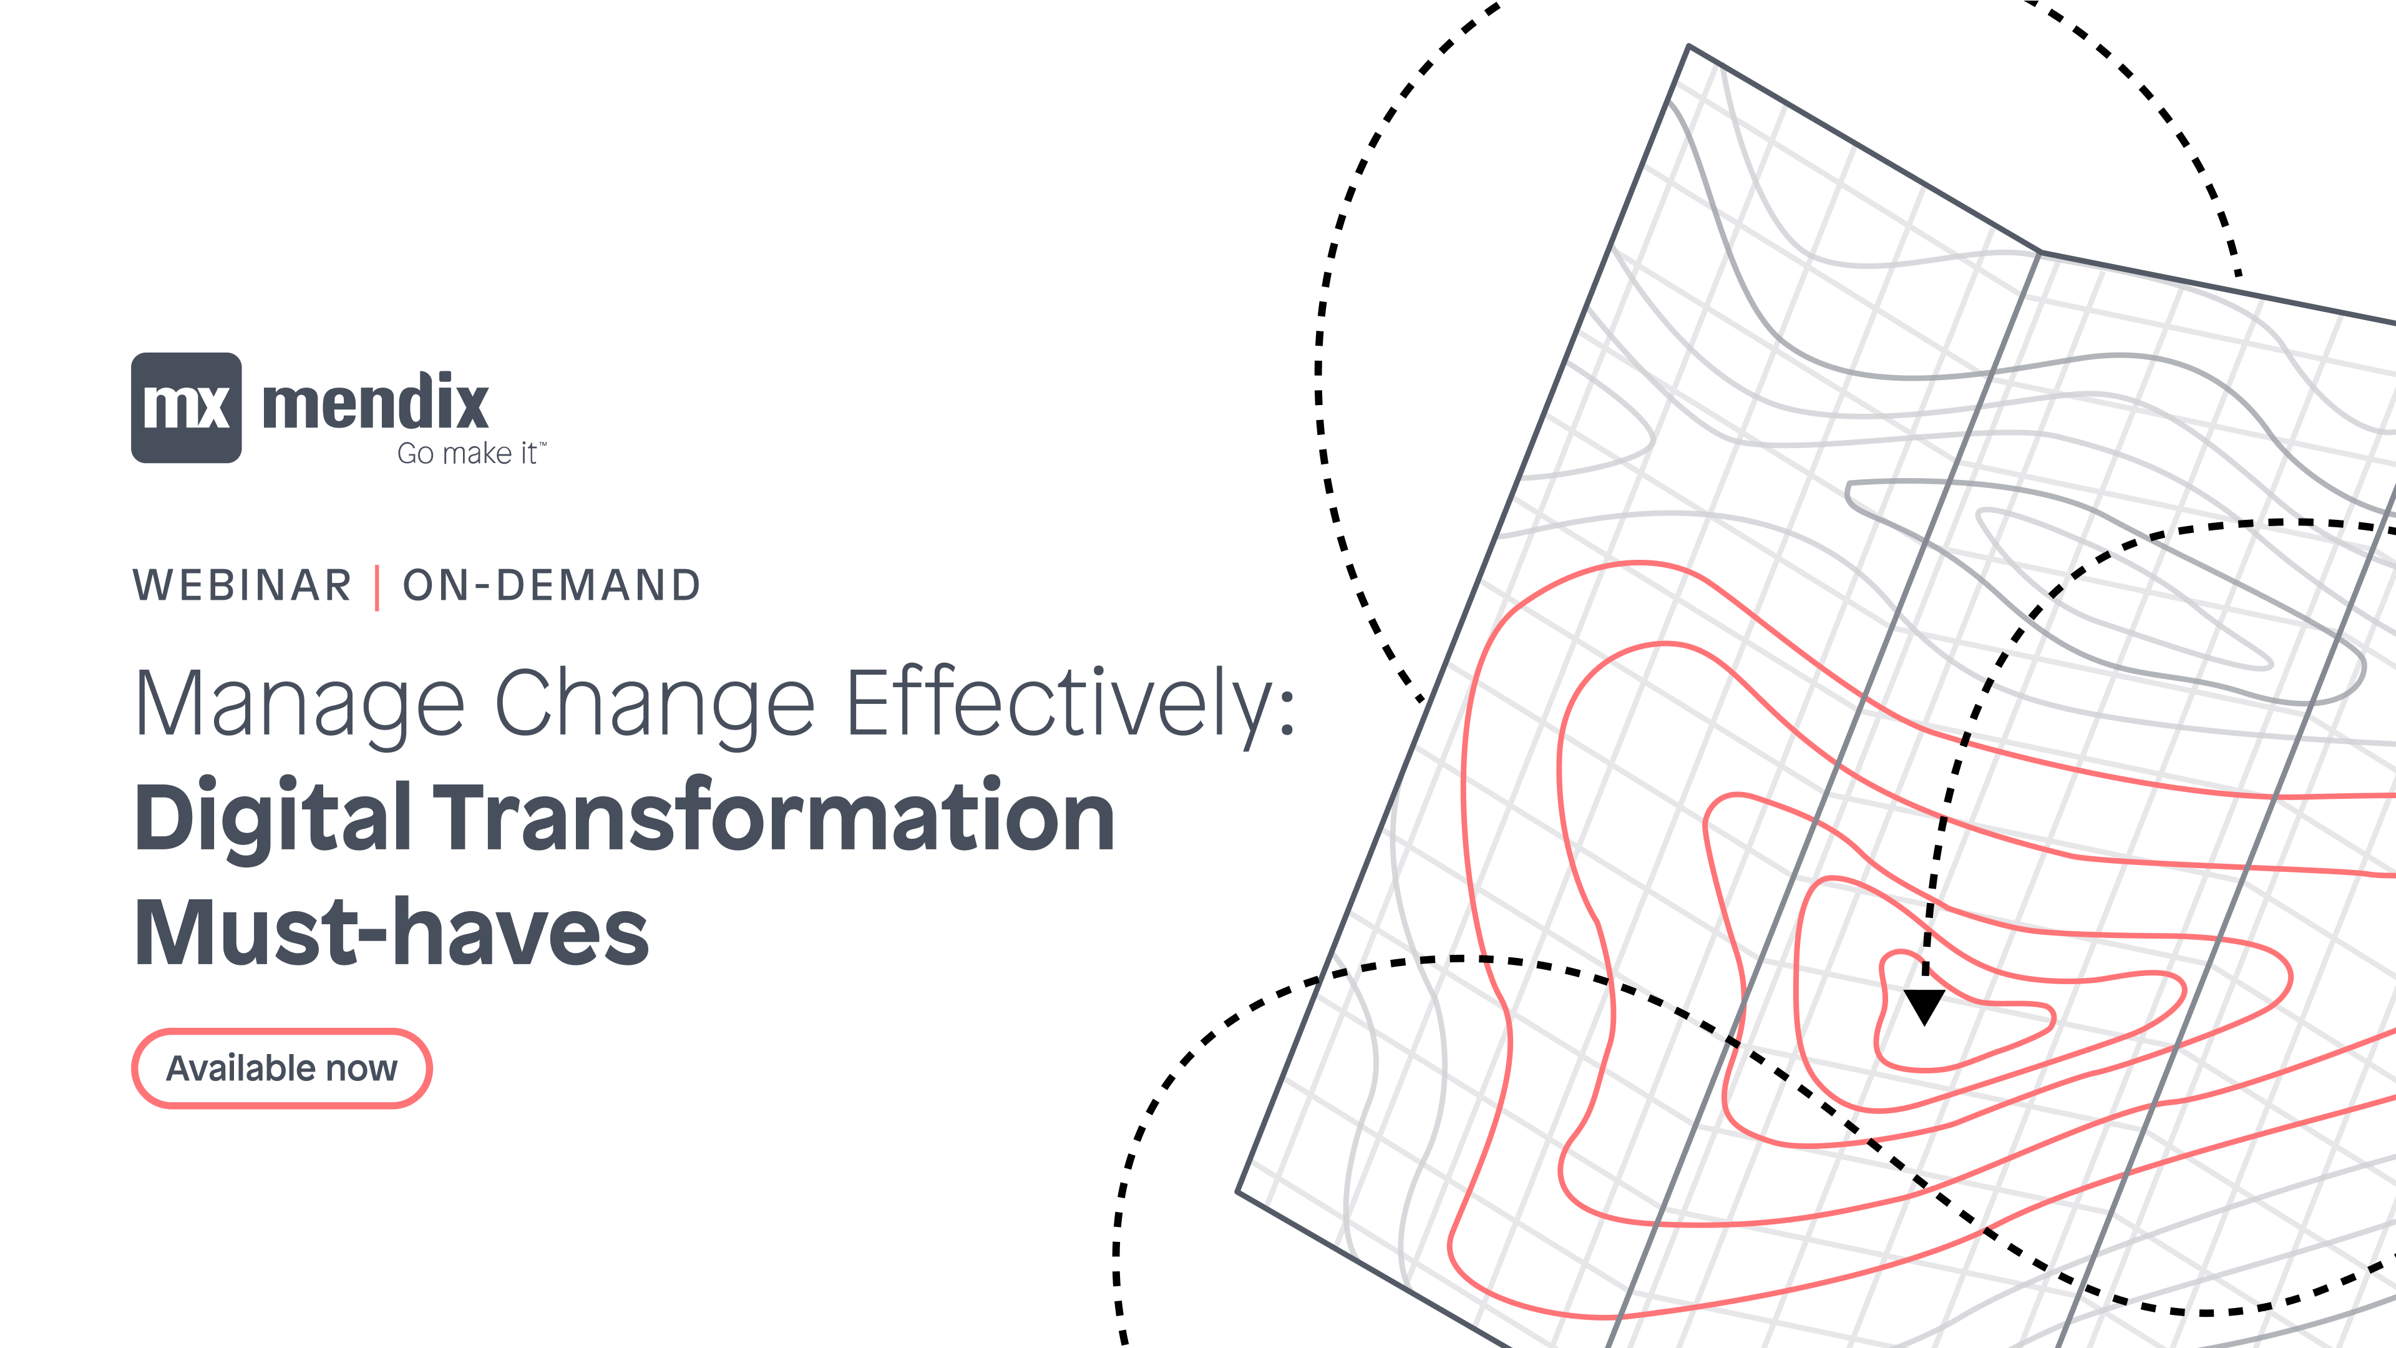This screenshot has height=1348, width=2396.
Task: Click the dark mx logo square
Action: [x=186, y=408]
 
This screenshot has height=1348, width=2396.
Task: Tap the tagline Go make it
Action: [x=467, y=454]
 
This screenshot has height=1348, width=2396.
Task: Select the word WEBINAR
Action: [x=243, y=586]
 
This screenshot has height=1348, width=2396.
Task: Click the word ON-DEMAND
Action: [x=552, y=586]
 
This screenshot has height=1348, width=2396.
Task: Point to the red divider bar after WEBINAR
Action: [x=377, y=587]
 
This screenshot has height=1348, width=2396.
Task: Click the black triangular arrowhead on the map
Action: [x=1924, y=1005]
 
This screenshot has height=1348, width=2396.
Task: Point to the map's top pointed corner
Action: [x=1688, y=46]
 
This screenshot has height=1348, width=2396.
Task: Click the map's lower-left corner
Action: [x=1238, y=1191]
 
